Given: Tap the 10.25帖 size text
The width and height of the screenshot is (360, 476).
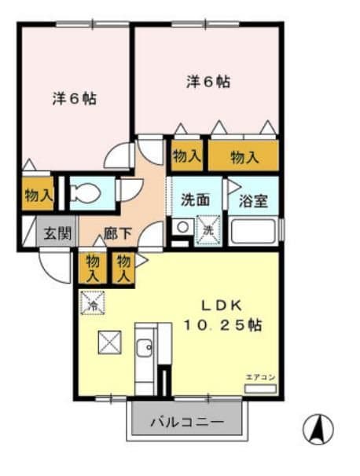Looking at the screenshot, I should tap(223, 324).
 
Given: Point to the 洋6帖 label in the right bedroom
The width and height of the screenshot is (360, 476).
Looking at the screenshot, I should tap(208, 81).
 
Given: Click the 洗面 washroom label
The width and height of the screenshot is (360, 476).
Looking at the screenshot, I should tap(195, 200).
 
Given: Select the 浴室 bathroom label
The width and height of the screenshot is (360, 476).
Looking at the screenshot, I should tap(253, 200).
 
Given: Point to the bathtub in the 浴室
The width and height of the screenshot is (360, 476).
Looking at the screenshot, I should tap(253, 231).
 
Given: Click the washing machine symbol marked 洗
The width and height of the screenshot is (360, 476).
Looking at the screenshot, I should tap(209, 231).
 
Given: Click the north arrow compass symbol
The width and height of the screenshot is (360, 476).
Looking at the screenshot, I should tap(318, 429).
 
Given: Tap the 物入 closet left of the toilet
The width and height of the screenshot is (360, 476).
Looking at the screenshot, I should tap(38, 195).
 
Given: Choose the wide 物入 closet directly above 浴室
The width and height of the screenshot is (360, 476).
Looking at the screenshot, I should tap(244, 156).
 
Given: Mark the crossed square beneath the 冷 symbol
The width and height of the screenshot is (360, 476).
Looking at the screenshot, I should tap(108, 342).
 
